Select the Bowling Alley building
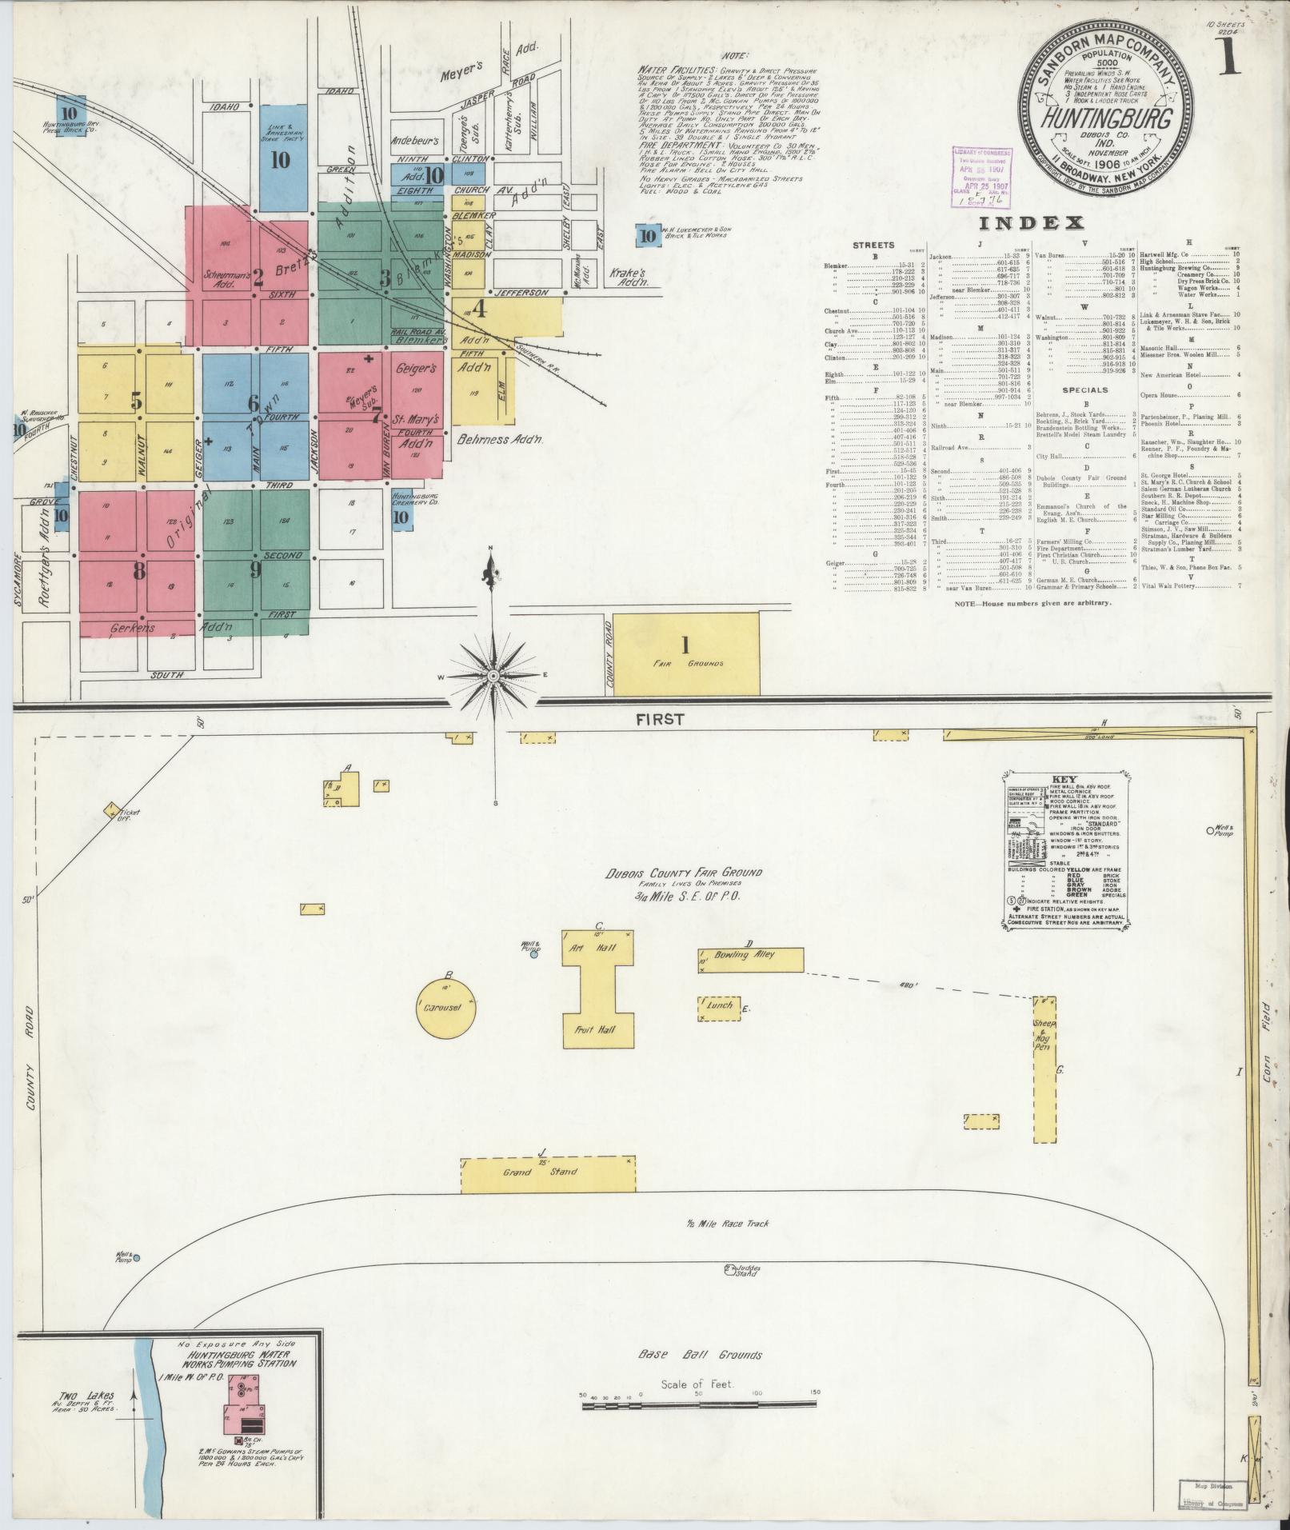(x=751, y=960)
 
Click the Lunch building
(x=719, y=1009)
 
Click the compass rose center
(x=493, y=676)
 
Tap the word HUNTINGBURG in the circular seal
(x=1106, y=121)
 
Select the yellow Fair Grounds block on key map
(x=686, y=653)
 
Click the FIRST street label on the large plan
(x=660, y=719)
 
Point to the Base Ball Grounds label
(x=700, y=1354)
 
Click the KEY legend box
(x=1059, y=851)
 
